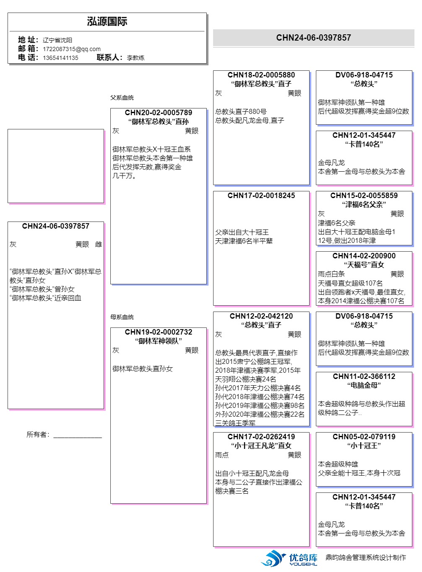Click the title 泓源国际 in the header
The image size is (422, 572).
pos(107,21)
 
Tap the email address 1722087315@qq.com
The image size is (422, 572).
pos(72,49)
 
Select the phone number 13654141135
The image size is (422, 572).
pos(60,58)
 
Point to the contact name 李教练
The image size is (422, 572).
pos(135,58)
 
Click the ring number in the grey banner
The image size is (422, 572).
pos(313,38)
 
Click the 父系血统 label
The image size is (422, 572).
pos(122,98)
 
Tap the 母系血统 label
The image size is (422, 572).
pos(122,317)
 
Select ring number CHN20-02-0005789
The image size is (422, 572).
pos(159,113)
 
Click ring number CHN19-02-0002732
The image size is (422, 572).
pos(159,332)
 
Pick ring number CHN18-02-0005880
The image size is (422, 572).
pos(261,75)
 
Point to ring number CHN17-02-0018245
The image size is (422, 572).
pos(261,196)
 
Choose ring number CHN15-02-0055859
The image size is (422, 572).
pos(364,196)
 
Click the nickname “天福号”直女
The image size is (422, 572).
pos(364,265)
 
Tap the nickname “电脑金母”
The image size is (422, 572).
pos(364,385)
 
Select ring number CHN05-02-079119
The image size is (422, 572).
pos(364,437)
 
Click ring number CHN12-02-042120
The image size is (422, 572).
pos(261,316)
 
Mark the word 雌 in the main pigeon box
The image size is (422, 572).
pos(99,245)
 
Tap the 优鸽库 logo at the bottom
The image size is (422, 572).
pos(289,558)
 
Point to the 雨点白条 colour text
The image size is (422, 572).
pos(331,274)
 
